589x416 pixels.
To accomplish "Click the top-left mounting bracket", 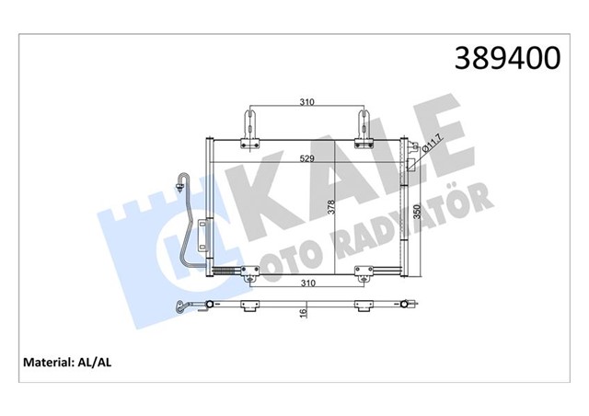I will point(248,128).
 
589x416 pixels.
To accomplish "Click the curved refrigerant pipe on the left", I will point(191,221).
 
